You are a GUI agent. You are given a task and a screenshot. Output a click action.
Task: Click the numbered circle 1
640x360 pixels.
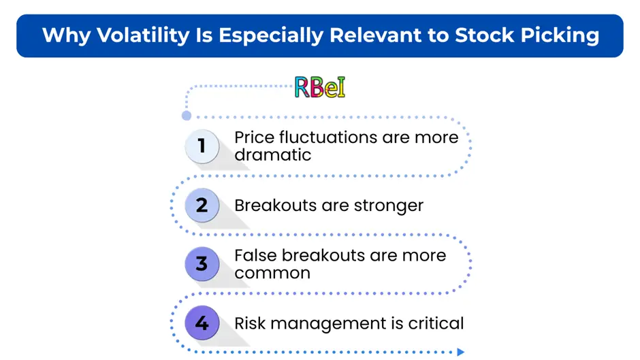202,146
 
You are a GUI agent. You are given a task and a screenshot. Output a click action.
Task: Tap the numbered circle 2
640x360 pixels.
202,205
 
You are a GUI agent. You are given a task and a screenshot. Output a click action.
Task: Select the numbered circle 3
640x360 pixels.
202,263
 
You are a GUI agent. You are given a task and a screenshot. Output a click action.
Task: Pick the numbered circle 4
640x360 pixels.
202,323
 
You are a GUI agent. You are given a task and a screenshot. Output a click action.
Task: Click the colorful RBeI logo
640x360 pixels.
320,87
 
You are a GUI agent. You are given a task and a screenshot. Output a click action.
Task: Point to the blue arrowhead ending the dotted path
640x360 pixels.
461,352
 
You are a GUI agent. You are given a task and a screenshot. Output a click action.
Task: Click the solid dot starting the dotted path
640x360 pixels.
187,116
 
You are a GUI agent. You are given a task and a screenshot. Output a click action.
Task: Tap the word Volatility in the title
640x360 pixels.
143,35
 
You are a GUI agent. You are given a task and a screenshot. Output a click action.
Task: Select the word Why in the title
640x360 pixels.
66,35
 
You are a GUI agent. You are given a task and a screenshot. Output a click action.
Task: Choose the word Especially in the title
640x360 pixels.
272,35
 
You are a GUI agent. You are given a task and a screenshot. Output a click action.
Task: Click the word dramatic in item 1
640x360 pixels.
272,155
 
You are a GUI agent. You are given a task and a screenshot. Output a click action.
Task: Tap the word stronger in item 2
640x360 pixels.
389,206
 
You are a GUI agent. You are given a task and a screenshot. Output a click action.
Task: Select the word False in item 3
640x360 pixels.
255,255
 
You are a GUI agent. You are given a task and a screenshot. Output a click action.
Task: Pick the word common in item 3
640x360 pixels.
272,274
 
